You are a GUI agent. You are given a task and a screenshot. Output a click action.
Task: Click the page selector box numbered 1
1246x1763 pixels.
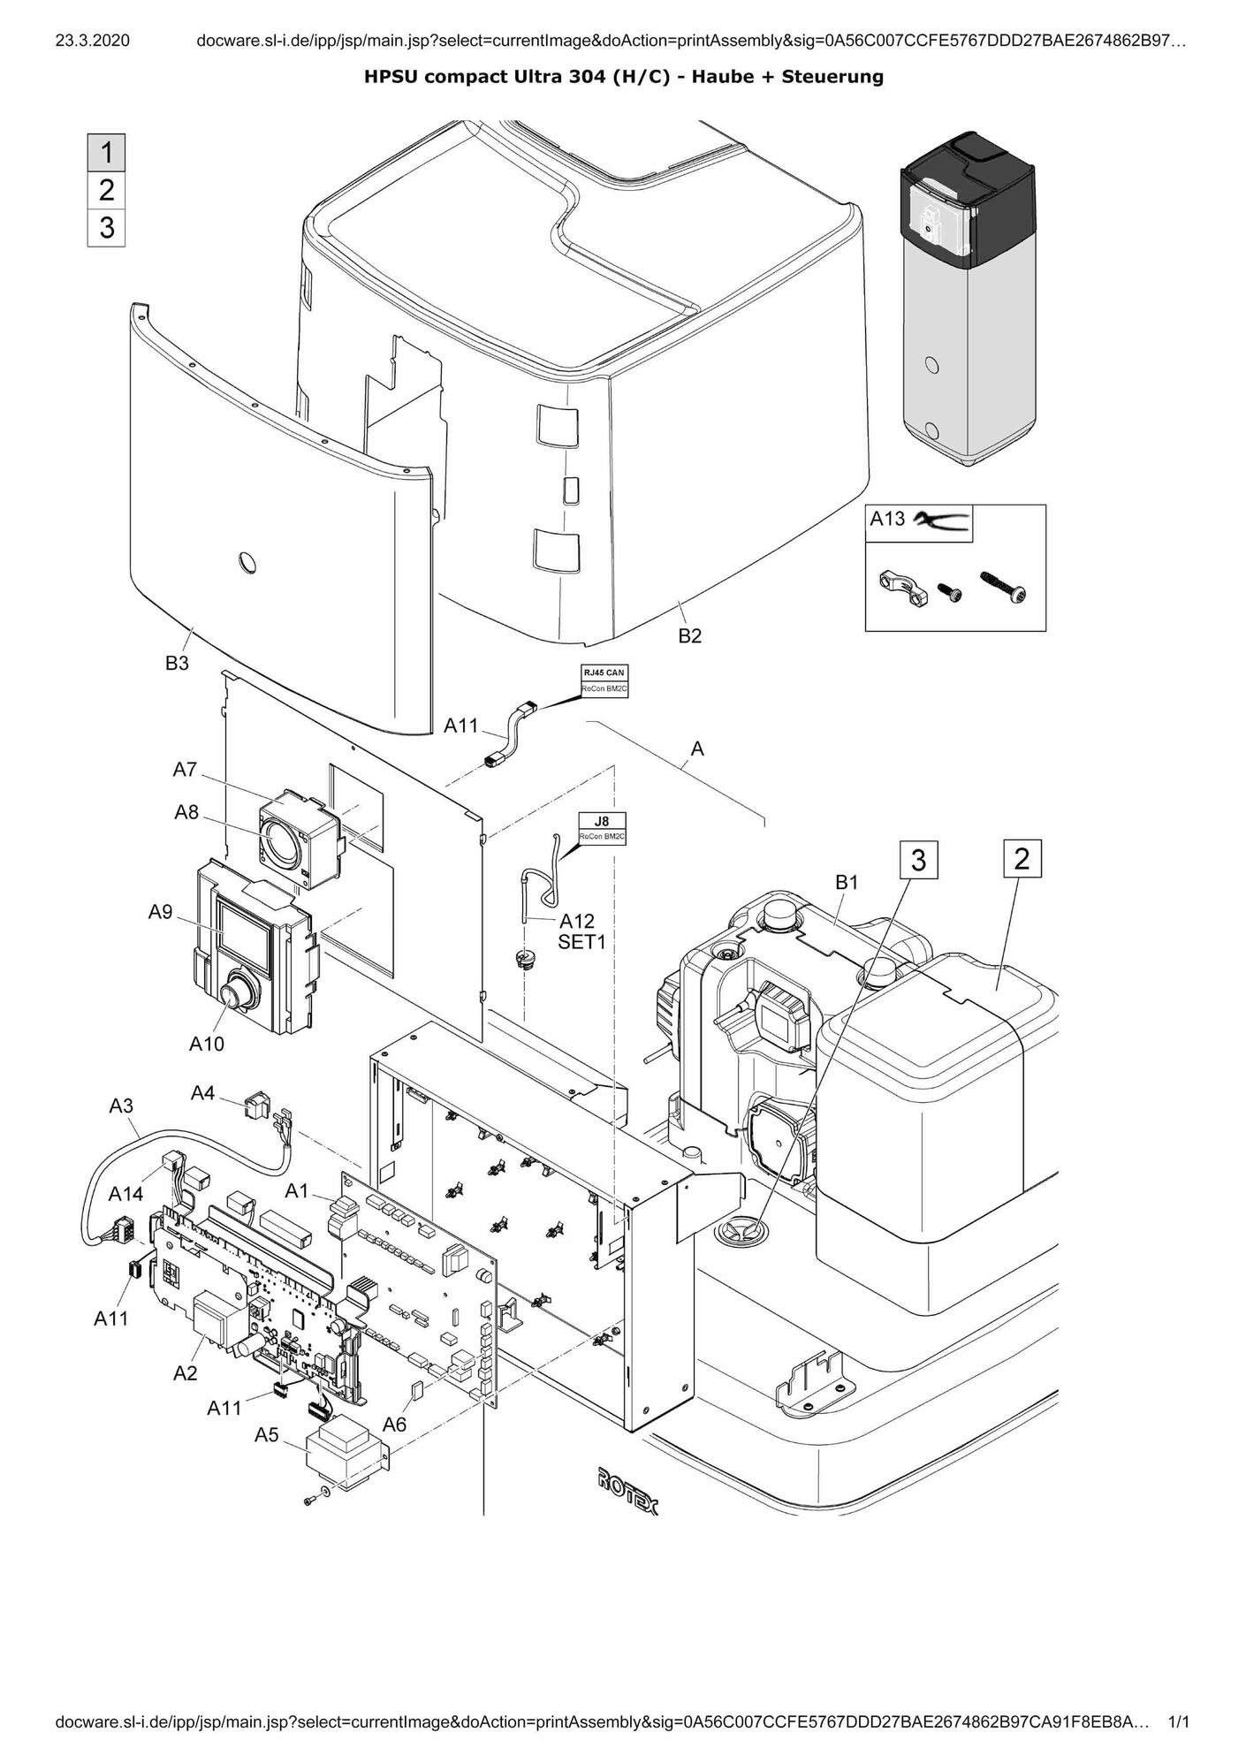tap(106, 153)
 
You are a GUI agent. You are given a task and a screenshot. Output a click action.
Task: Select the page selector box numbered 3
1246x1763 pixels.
tap(106, 228)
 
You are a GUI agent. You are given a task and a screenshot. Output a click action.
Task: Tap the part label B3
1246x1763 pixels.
tap(177, 664)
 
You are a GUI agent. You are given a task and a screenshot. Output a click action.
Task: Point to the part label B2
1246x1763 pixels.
tap(689, 636)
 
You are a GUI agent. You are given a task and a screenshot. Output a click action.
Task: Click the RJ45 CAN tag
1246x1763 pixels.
tap(604, 673)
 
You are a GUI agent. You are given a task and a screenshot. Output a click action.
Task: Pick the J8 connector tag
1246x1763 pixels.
tap(602, 821)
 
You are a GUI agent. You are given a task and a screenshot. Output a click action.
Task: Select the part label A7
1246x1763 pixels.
tap(185, 770)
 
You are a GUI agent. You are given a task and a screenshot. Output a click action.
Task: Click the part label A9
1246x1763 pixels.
tap(160, 912)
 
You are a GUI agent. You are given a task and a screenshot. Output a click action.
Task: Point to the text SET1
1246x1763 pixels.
tap(581, 942)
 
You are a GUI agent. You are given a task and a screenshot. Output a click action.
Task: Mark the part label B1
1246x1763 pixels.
tap(847, 882)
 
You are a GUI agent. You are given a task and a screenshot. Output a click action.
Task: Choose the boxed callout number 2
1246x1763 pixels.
tap(1022, 858)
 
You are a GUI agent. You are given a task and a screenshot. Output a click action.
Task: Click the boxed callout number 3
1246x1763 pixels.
tap(918, 860)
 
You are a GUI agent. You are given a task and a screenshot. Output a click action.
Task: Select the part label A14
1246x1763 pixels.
tap(125, 1195)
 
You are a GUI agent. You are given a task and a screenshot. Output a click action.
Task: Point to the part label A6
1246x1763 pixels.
tap(394, 1424)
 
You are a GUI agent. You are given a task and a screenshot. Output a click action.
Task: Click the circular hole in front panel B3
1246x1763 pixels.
tap(248, 562)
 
